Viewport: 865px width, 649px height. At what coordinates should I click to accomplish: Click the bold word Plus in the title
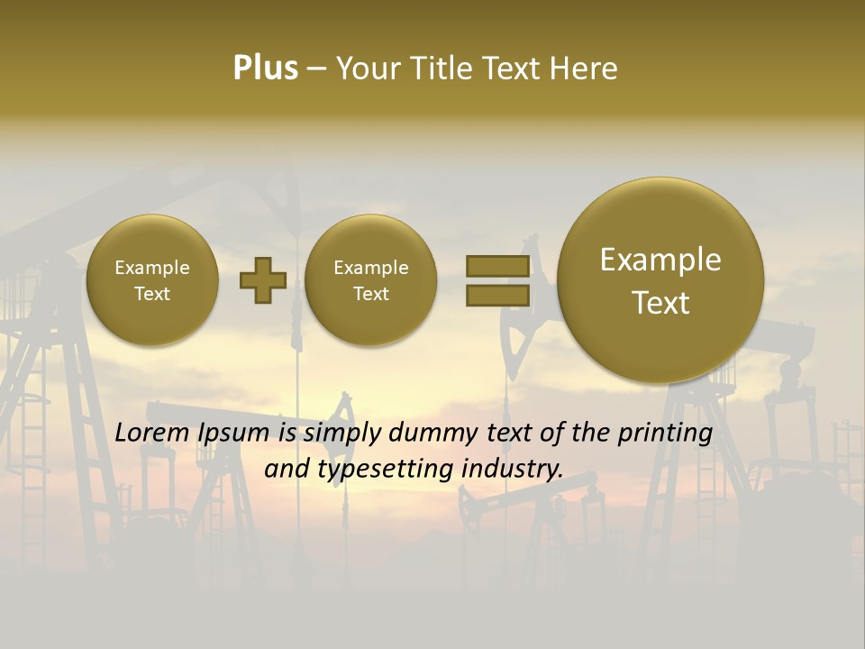[265, 69]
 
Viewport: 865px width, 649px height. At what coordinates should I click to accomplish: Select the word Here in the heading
[585, 69]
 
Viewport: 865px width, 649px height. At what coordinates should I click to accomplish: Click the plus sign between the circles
[262, 279]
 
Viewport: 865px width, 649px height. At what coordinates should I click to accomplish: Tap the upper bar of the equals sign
[497, 266]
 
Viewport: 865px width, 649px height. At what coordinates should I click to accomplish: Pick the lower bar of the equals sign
[497, 295]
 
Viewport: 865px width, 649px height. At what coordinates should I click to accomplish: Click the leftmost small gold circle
[152, 279]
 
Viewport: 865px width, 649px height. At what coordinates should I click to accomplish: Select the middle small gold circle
[370, 279]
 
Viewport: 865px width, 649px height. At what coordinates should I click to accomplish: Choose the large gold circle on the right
[660, 279]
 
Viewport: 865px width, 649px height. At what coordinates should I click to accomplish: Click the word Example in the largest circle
[660, 260]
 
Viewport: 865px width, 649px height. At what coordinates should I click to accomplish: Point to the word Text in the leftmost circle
[152, 294]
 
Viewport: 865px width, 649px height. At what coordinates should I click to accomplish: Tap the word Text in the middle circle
[370, 294]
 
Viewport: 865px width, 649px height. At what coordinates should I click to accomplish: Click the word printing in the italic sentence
[665, 433]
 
